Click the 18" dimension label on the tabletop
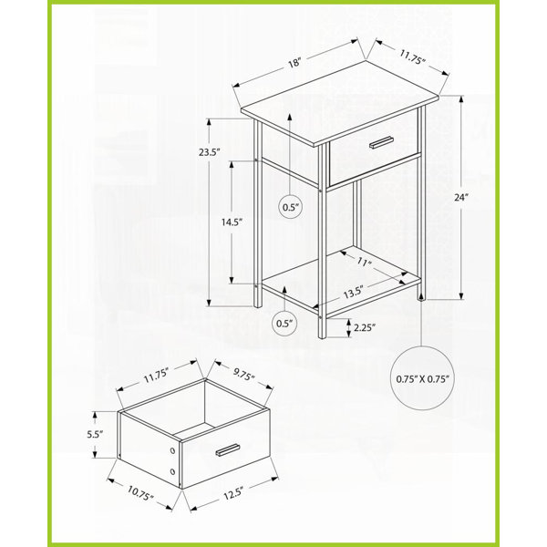[x=294, y=63]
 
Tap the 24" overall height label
[x=460, y=198]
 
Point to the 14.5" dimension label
[x=232, y=222]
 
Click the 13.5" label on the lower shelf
[x=354, y=293]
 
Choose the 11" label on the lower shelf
[x=364, y=262]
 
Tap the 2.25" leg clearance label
[x=365, y=327]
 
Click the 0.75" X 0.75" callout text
[x=422, y=378]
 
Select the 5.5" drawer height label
[x=95, y=434]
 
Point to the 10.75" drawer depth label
[x=140, y=493]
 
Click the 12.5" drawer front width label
[x=232, y=493]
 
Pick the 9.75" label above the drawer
[x=243, y=375]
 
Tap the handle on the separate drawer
[x=228, y=449]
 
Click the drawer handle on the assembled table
[x=382, y=142]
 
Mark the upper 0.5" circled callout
[x=291, y=207]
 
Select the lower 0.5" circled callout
[x=284, y=324]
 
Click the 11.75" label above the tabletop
[x=413, y=57]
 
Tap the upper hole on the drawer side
[x=172, y=450]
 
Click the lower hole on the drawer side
[x=172, y=471]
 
